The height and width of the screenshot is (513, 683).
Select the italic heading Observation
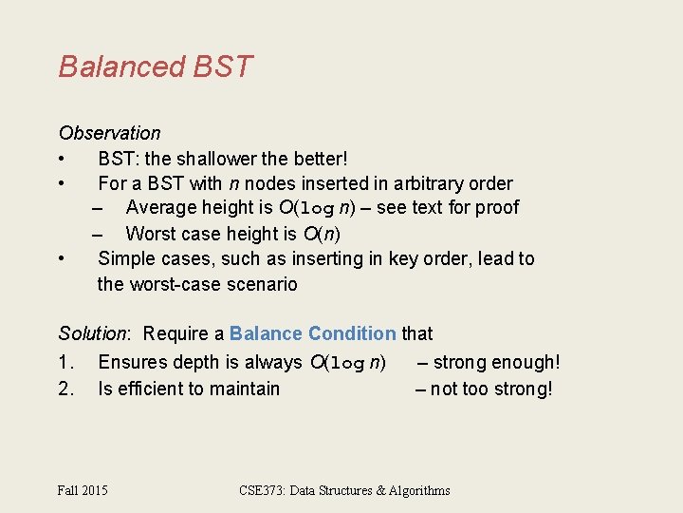pyautogui.click(x=109, y=133)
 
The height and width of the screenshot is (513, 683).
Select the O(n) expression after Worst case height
pyautogui.click(x=322, y=234)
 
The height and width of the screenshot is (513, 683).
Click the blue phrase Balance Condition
pyautogui.click(x=313, y=333)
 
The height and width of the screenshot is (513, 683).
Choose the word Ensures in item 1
pyautogui.click(x=132, y=362)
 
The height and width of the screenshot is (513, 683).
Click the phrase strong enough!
pyautogui.click(x=497, y=362)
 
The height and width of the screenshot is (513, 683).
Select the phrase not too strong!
pyautogui.click(x=491, y=389)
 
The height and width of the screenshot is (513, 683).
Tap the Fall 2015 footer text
pyautogui.click(x=83, y=490)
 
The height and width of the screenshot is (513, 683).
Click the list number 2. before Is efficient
pyautogui.click(x=65, y=389)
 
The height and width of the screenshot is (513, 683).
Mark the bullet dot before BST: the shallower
pyautogui.click(x=61, y=158)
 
